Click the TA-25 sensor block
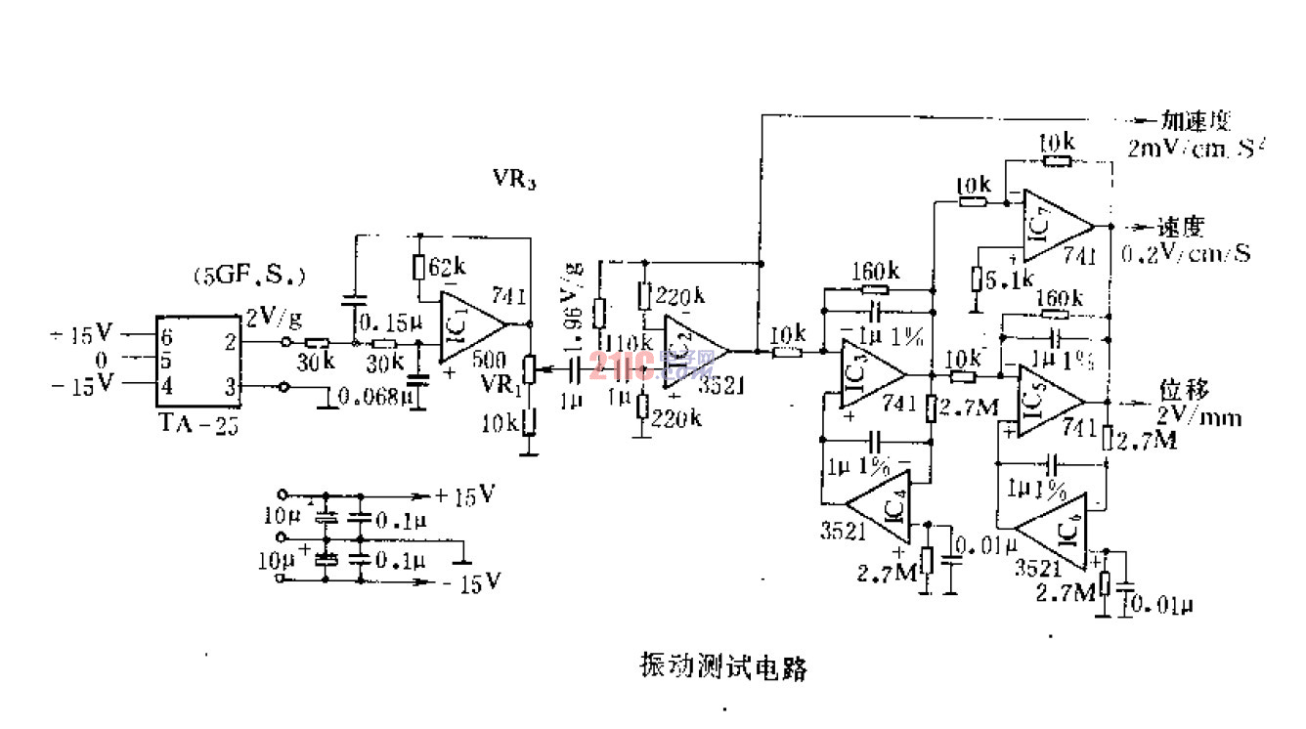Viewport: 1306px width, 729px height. (x=198, y=362)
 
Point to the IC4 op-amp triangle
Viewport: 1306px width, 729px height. (x=880, y=507)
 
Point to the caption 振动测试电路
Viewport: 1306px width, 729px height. (x=723, y=667)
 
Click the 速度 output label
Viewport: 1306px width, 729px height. (x=1180, y=227)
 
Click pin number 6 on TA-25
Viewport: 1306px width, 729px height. (x=166, y=335)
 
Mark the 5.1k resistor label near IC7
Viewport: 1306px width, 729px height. (x=1009, y=279)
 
